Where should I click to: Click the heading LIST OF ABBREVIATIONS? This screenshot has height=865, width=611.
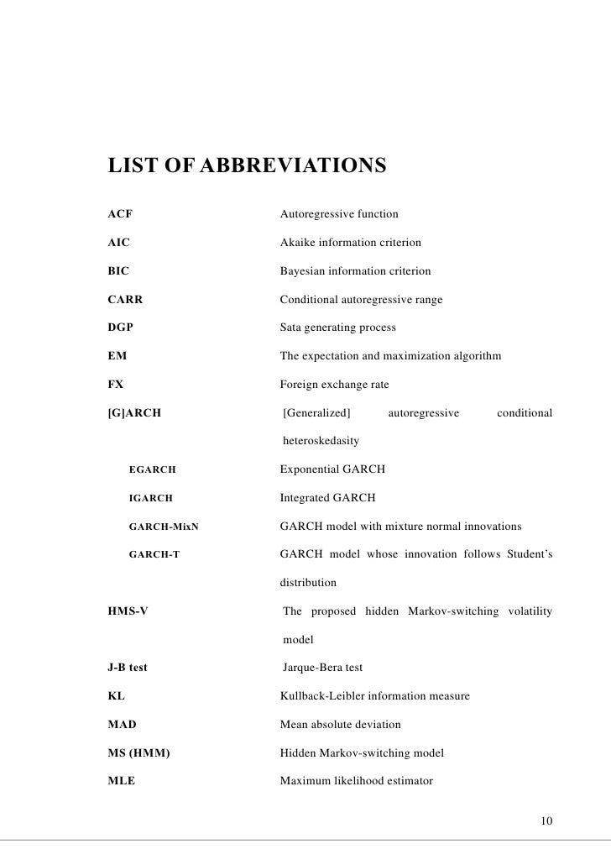pos(247,165)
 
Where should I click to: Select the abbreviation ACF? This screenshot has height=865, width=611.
pos(120,214)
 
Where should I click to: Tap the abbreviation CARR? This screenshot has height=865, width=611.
pos(124,300)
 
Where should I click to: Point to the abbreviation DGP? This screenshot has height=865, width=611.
pos(121,328)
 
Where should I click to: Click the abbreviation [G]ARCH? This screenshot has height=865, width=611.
pos(134,413)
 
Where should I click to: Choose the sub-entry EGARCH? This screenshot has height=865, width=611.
pos(152,469)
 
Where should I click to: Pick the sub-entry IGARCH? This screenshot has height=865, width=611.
pos(150,498)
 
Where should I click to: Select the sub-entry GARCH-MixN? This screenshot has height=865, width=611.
pos(164,527)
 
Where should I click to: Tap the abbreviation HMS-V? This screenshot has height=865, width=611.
pos(128,611)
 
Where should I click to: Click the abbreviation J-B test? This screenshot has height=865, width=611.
pos(128,668)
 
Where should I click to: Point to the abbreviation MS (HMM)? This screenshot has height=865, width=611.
pos(139,753)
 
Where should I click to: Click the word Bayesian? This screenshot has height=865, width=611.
pos(303,271)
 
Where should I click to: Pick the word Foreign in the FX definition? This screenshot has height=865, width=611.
pos(299,385)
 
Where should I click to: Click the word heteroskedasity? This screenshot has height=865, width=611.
pos(321,441)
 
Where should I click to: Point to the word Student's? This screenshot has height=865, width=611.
pos(530,554)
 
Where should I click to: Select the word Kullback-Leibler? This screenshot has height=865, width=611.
pos(322,696)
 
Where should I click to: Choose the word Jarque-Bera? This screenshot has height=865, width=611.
pos(313,668)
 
